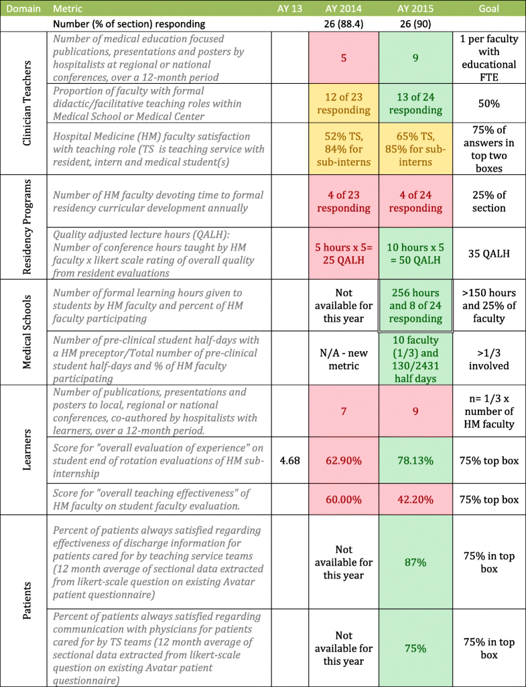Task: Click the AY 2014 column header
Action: [344, 10]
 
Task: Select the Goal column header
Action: [488, 10]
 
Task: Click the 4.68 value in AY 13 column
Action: [289, 461]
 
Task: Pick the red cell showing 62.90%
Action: [344, 461]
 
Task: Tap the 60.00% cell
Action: [344, 499]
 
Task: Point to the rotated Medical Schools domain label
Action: [23, 332]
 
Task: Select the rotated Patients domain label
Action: [23, 601]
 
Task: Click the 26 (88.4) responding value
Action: [344, 25]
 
